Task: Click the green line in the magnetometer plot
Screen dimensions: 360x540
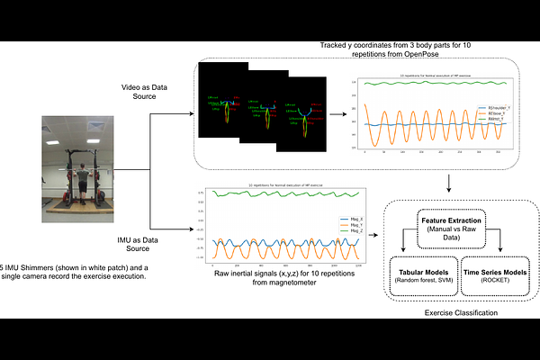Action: pos(279,193)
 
